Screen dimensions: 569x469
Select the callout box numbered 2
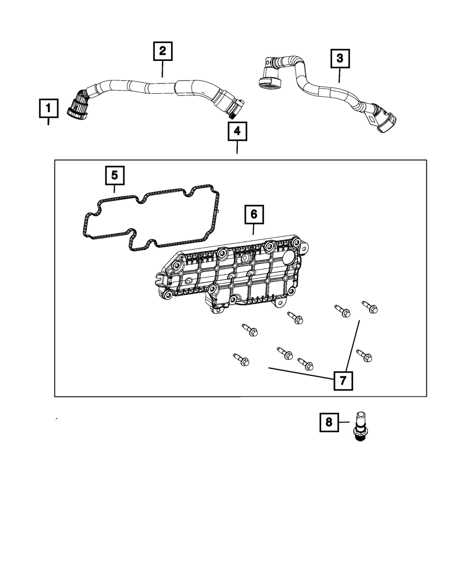(162, 51)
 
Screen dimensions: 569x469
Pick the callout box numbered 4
(237, 132)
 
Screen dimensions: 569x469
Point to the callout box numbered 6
(253, 214)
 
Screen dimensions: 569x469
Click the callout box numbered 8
(329, 422)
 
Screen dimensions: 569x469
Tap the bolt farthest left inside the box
(240, 359)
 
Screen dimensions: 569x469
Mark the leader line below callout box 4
(237, 147)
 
